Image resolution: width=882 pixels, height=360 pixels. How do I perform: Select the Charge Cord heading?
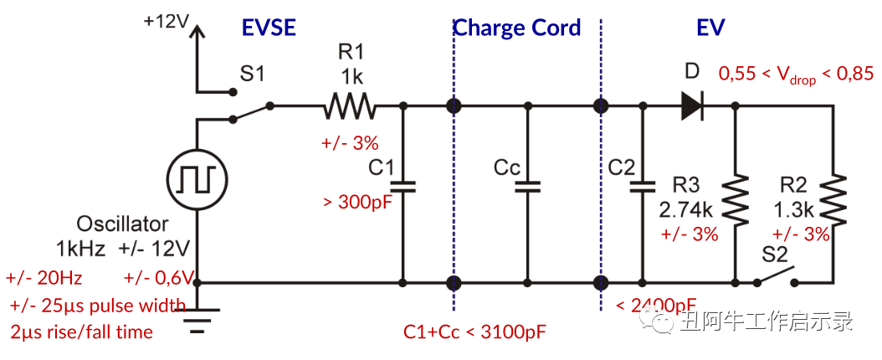pos(516,28)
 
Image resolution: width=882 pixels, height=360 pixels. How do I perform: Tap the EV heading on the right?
pos(710,28)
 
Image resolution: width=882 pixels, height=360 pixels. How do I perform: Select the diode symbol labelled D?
pos(691,105)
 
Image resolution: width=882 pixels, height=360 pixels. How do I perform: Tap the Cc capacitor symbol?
pos(527,186)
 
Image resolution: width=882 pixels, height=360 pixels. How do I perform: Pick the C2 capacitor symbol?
pos(643,186)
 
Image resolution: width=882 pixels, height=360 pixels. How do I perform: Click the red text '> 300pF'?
pos(357,202)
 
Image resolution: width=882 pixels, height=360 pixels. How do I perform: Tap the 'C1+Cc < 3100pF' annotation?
pos(474,332)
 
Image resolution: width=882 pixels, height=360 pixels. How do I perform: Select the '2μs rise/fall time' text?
pos(82,332)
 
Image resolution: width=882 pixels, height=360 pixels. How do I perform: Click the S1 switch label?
pos(252,74)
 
